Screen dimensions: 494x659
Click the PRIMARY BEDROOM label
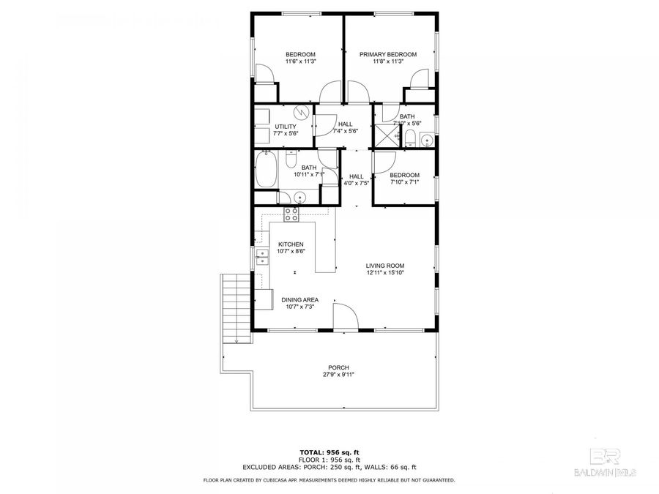[x=387, y=55]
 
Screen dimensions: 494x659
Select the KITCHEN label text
[x=291, y=244]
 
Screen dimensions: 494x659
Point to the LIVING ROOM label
[x=385, y=266]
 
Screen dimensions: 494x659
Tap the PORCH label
[x=338, y=367]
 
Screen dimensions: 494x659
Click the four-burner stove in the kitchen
[x=291, y=214]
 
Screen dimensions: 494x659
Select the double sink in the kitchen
[x=262, y=255]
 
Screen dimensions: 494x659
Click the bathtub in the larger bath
[x=266, y=171]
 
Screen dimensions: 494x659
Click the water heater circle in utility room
[x=301, y=113]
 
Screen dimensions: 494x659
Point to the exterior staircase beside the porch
[x=232, y=307]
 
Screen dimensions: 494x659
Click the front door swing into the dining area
[x=344, y=317]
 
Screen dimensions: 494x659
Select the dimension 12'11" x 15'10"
[x=385, y=273]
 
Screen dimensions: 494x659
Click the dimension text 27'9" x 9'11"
[x=338, y=375]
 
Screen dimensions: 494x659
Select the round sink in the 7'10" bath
[x=427, y=141]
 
